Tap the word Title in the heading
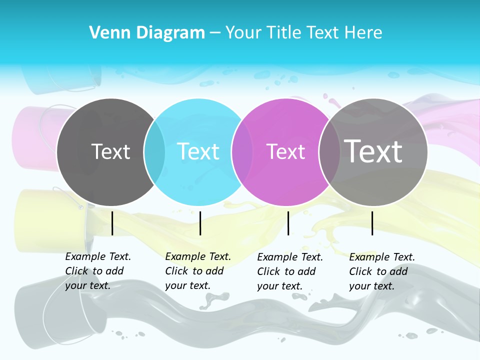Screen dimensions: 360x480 pos(283,33)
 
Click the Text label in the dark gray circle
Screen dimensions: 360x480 pos(110,151)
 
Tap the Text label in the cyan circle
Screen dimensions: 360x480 pos(198,151)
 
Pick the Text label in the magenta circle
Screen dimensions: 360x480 pos(285,151)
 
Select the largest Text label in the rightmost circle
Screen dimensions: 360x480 pos(373,151)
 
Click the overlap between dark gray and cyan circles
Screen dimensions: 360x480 pos(154,151)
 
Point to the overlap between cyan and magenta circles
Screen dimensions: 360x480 pos(242,151)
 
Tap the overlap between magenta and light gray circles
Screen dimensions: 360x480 pos(329,151)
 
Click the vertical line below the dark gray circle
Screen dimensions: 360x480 pos(112,223)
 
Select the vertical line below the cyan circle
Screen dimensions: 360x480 pos(200,223)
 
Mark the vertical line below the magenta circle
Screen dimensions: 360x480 pos(288,223)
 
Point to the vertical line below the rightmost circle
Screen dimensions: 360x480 pos(372,223)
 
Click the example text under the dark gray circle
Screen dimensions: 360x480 pos(97,271)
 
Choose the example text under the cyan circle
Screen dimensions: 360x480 pos(197,271)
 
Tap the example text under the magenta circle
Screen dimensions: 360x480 pos(289,271)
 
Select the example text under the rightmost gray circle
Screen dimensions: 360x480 pos(381,271)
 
